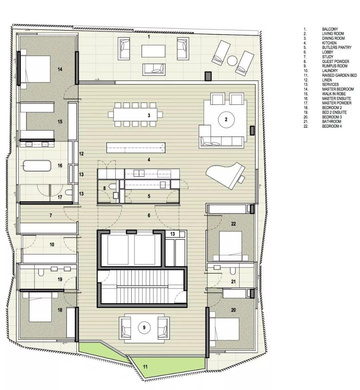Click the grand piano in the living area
[225, 175]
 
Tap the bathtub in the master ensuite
[37, 166]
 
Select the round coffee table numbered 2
[226, 120]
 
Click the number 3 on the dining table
[149, 115]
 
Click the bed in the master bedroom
[35, 69]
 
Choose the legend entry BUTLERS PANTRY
[337, 48]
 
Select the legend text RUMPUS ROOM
[335, 66]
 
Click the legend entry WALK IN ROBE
[334, 94]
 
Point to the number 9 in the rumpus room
[144, 328]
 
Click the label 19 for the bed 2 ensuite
[60, 279]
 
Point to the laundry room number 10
[52, 244]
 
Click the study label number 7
[51, 215]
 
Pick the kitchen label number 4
[149, 160]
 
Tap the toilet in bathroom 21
[233, 271]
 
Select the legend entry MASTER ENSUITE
[336, 98]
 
